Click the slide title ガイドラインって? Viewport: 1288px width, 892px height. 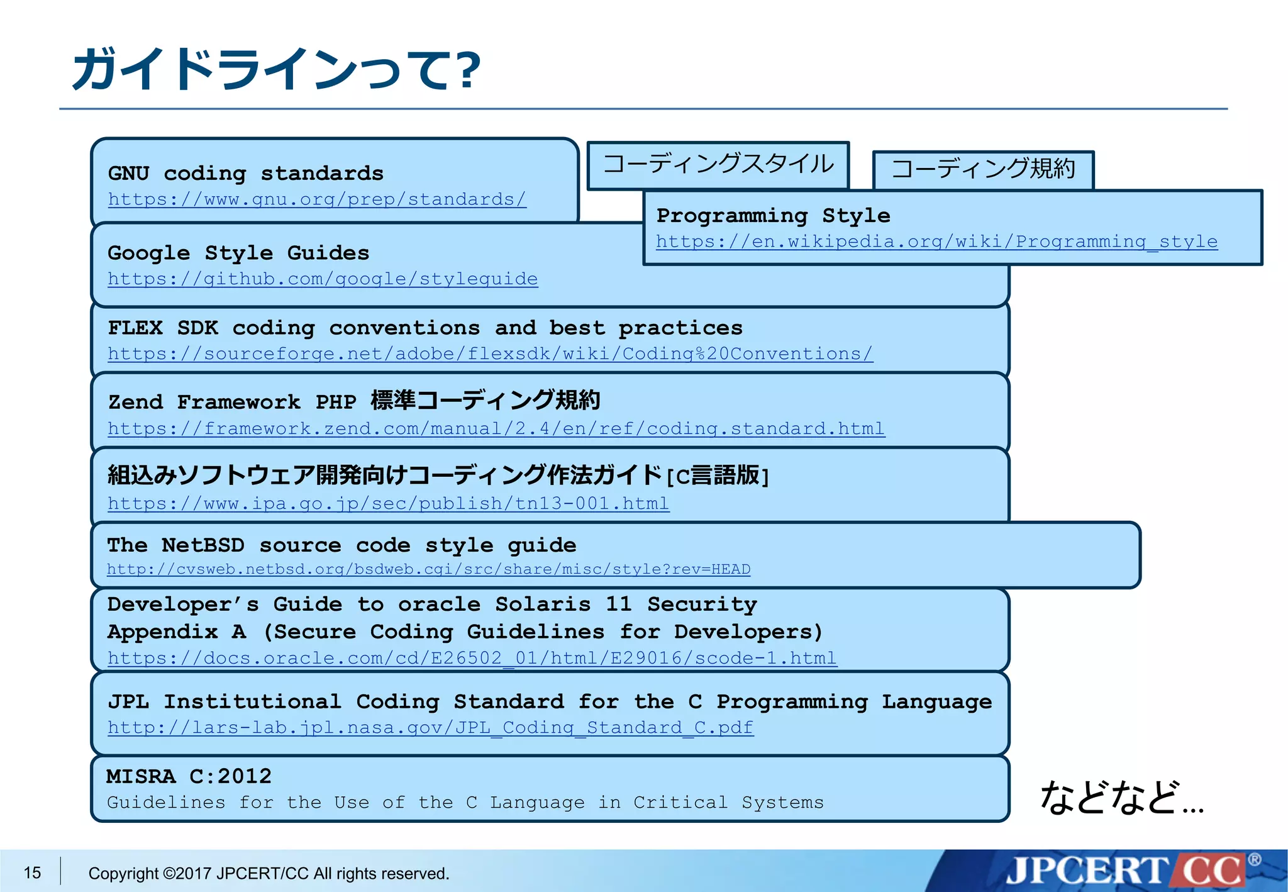pyautogui.click(x=277, y=69)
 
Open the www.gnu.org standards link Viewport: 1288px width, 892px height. pyautogui.click(x=317, y=199)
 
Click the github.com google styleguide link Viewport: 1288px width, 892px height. pyautogui.click(x=323, y=279)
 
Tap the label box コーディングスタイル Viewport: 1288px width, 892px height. pyautogui.click(x=718, y=165)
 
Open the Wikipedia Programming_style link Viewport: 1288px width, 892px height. pyautogui.click(x=936, y=242)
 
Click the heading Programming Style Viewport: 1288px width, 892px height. pyautogui.click(x=773, y=216)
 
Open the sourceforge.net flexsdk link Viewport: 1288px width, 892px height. pyautogui.click(x=490, y=354)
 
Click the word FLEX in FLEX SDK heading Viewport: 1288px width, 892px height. pyautogui.click(x=135, y=328)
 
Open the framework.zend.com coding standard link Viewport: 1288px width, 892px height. pyautogui.click(x=496, y=428)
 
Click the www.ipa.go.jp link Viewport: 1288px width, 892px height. pyautogui.click(x=388, y=503)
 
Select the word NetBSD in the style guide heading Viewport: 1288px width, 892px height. pyautogui.click(x=203, y=545)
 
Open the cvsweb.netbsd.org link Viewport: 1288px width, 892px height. pyautogui.click(x=428, y=569)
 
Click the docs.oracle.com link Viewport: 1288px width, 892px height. pyautogui.click(x=472, y=658)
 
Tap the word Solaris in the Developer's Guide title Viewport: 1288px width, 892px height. pyautogui.click(x=543, y=605)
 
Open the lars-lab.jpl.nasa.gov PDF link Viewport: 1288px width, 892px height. pyautogui.click(x=430, y=728)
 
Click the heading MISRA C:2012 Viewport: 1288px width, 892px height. pyautogui.click(x=189, y=776)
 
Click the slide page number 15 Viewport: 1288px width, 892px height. pyautogui.click(x=32, y=872)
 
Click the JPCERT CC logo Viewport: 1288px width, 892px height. pyautogui.click(x=1126, y=871)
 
